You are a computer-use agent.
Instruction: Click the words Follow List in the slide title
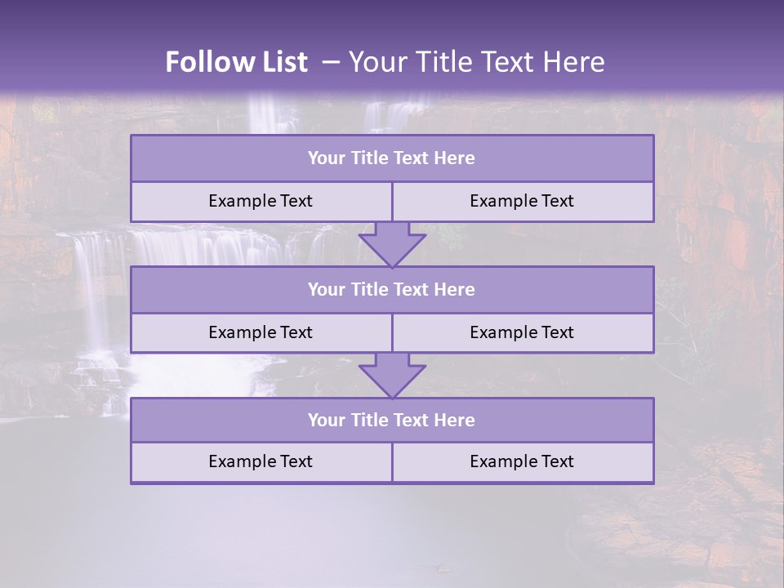[x=237, y=62]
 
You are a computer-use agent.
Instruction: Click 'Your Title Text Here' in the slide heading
[x=477, y=62]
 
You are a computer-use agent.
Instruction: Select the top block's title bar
[x=392, y=158]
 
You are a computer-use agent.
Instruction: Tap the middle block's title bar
[x=392, y=289]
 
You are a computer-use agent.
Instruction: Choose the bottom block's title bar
[x=392, y=420]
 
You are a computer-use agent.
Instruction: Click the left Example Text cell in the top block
[x=261, y=201]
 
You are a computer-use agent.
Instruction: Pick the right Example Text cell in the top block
[x=522, y=201]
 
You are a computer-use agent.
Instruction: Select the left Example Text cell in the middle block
[x=261, y=332]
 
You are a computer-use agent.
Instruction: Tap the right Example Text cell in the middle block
[x=522, y=332]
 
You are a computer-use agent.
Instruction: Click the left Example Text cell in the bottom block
[x=261, y=461]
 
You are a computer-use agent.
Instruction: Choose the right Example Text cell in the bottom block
[x=522, y=461]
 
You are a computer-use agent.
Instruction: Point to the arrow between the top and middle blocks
[x=392, y=244]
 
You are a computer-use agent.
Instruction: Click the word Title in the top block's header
[x=368, y=158]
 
